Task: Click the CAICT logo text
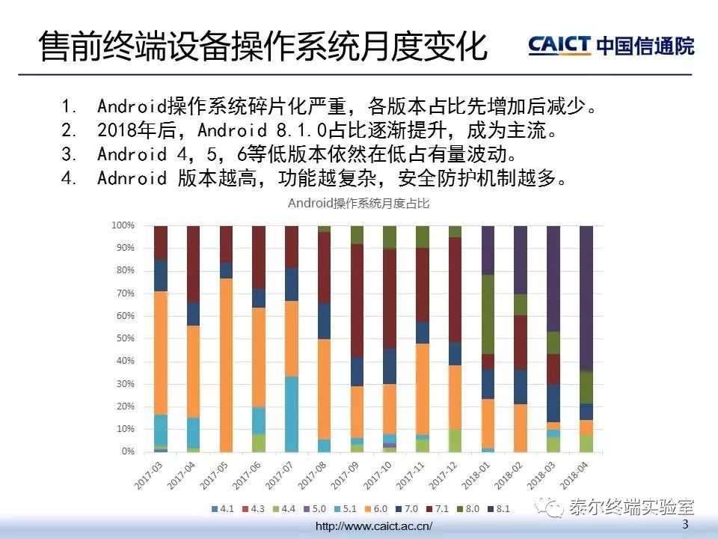(559, 46)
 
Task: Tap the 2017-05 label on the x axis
(214, 475)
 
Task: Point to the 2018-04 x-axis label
(574, 475)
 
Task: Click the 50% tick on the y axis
(125, 338)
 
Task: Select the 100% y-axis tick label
(123, 225)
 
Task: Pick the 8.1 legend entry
(498, 509)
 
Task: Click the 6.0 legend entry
(375, 509)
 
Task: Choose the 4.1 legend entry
(223, 509)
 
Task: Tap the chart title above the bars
(358, 204)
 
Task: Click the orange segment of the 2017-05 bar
(226, 365)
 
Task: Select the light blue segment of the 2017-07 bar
(292, 414)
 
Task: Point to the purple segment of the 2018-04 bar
(586, 299)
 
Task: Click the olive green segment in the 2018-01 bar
(488, 314)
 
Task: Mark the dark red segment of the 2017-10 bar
(390, 299)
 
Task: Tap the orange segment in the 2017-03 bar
(161, 353)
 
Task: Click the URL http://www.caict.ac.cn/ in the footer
(374, 526)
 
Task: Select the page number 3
(685, 524)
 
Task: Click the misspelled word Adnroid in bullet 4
(132, 178)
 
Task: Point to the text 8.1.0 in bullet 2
(301, 130)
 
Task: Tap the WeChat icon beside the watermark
(550, 508)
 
